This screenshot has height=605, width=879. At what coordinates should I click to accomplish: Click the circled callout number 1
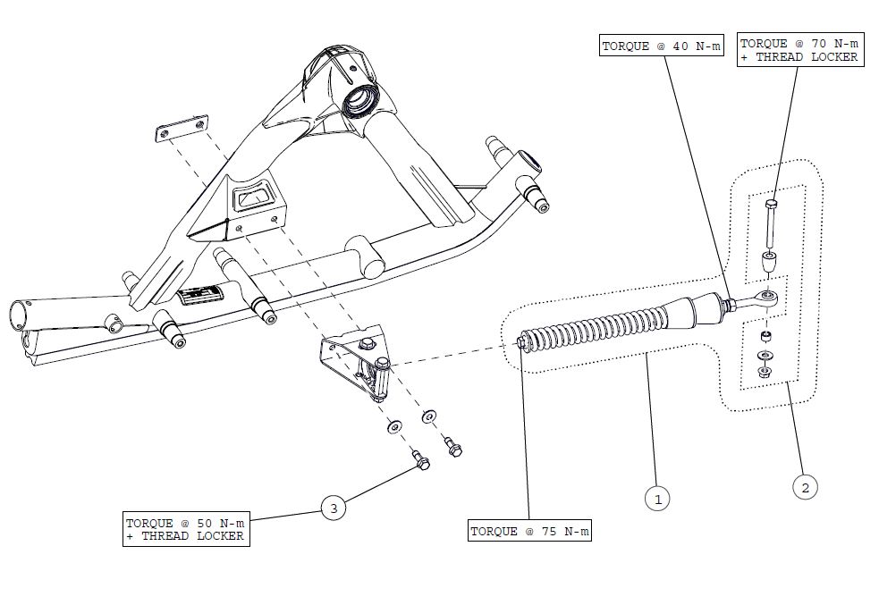click(x=657, y=498)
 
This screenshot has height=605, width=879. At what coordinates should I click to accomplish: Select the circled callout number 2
click(x=805, y=487)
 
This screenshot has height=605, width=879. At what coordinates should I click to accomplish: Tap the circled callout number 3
click(x=334, y=508)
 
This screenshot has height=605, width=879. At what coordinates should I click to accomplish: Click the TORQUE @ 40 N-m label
click(x=661, y=46)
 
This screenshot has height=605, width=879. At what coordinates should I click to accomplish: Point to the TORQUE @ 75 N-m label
click(x=530, y=532)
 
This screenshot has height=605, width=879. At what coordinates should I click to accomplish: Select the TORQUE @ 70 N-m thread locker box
click(x=799, y=50)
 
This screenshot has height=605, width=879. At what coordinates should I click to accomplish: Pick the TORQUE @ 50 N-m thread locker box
click(x=185, y=529)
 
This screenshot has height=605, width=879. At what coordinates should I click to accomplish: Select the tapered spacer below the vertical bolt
click(x=767, y=265)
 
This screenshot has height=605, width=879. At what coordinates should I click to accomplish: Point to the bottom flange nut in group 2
click(x=765, y=372)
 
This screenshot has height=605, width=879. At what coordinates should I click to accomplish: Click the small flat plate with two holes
click(x=182, y=129)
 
